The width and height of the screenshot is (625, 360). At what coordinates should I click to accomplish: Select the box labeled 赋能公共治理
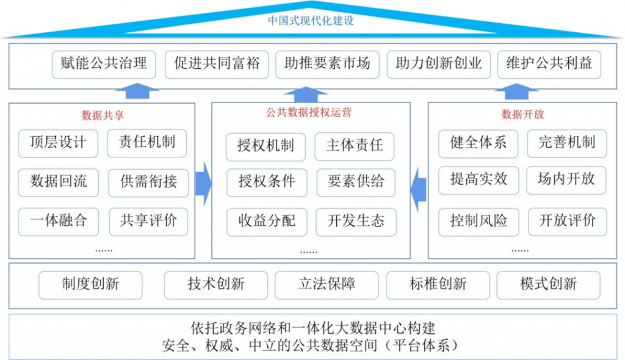(104, 64)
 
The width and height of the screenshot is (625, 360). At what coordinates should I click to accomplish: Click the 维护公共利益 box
(549, 64)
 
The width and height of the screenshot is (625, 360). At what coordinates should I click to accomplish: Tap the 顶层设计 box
(58, 143)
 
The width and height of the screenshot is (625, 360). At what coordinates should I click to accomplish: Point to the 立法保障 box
(327, 284)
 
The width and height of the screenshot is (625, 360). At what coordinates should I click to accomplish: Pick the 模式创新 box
(548, 284)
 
